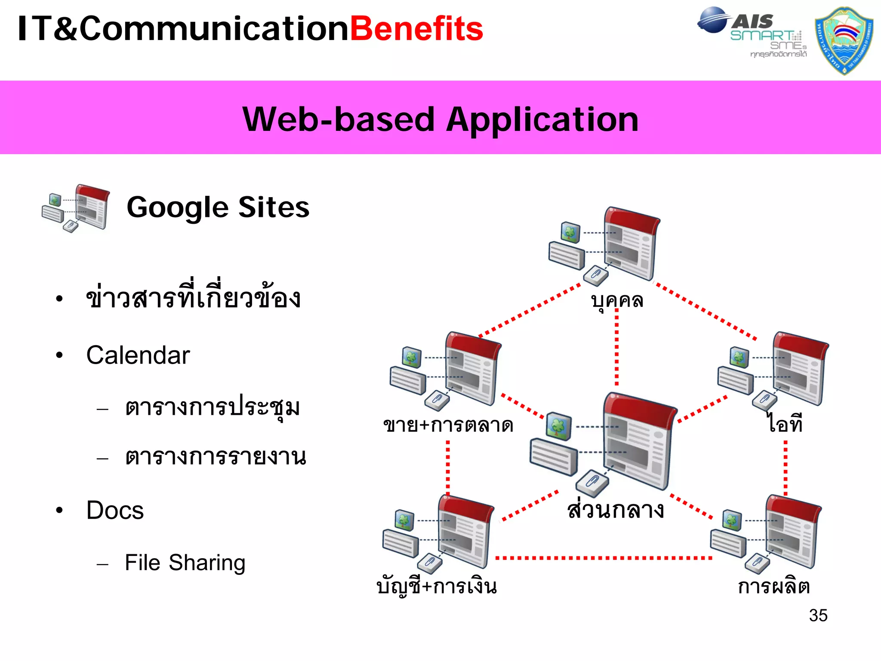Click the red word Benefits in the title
416,29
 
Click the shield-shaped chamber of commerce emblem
844,41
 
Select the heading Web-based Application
440,119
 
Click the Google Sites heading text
218,207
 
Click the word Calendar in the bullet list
138,355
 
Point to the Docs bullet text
115,511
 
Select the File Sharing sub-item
185,563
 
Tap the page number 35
818,615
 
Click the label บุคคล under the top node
617,300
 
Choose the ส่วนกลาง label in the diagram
616,510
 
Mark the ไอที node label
785,424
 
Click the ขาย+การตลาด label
448,425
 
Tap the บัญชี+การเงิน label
436,587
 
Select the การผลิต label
773,587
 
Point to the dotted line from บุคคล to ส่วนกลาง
617,349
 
